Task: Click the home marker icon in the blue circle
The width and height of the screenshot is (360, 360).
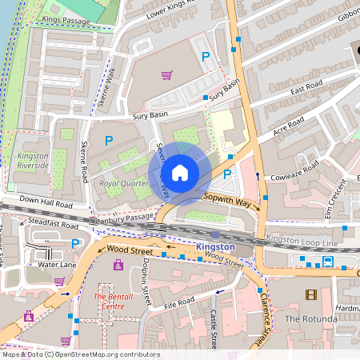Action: tap(180, 173)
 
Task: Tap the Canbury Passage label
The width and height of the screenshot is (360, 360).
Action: tap(122, 217)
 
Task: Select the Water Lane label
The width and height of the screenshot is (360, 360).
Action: tap(58, 264)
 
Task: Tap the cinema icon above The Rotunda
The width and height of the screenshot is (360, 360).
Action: tap(310, 294)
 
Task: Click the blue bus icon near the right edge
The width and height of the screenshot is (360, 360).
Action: tap(328, 262)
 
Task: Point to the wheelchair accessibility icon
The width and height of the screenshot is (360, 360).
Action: tap(29, 317)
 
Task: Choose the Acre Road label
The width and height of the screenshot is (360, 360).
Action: tap(290, 126)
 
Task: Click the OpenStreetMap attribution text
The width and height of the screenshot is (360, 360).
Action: tap(80, 354)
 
